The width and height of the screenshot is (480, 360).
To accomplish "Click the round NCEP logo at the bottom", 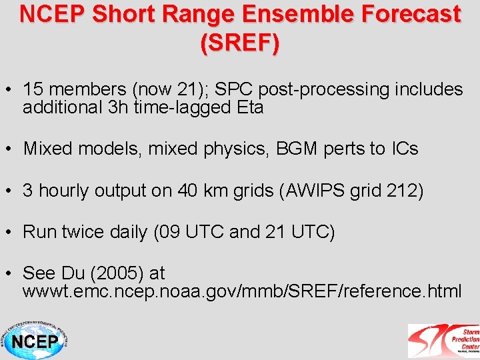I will tap(34, 340).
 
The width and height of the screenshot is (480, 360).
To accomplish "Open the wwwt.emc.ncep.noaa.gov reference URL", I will tap(241, 291).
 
